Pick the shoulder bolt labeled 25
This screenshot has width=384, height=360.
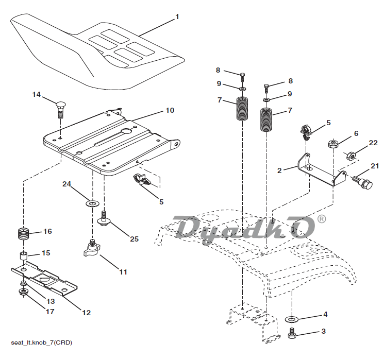pyautogui.click(x=104, y=218)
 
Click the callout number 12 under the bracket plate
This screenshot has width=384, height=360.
pyautogui.click(x=86, y=312)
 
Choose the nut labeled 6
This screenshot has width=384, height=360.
pyautogui.click(x=332, y=143)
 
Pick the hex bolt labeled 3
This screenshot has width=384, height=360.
pyautogui.click(x=291, y=334)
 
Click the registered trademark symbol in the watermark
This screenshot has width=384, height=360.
pyautogui.click(x=322, y=219)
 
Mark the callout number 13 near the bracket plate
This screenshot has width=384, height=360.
pyautogui.click(x=51, y=301)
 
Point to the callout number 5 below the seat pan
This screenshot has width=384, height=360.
pyautogui.click(x=161, y=202)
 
